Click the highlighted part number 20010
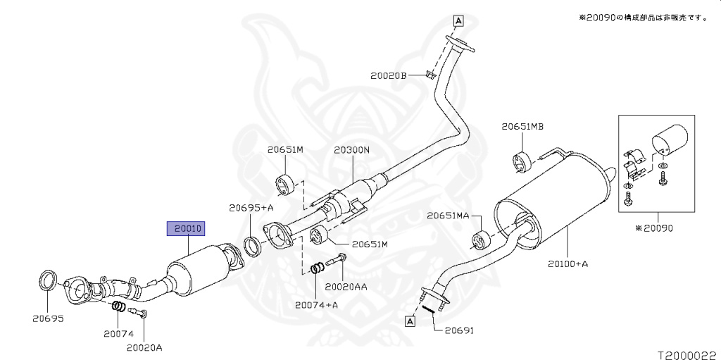[x=185, y=228]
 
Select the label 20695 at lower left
[x=47, y=318]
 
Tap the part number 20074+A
[x=317, y=304]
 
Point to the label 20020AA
[x=346, y=287]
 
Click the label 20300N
[x=351, y=150]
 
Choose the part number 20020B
[x=389, y=75]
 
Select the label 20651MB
[x=522, y=127]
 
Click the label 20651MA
[x=448, y=216]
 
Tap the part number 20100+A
[x=568, y=264]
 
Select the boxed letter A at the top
[x=458, y=20]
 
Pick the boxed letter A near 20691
[x=409, y=321]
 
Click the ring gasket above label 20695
[x=48, y=279]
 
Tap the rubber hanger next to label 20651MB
[x=521, y=161]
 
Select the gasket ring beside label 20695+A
[x=252, y=247]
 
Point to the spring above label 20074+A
[x=318, y=268]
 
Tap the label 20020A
[x=144, y=347]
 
